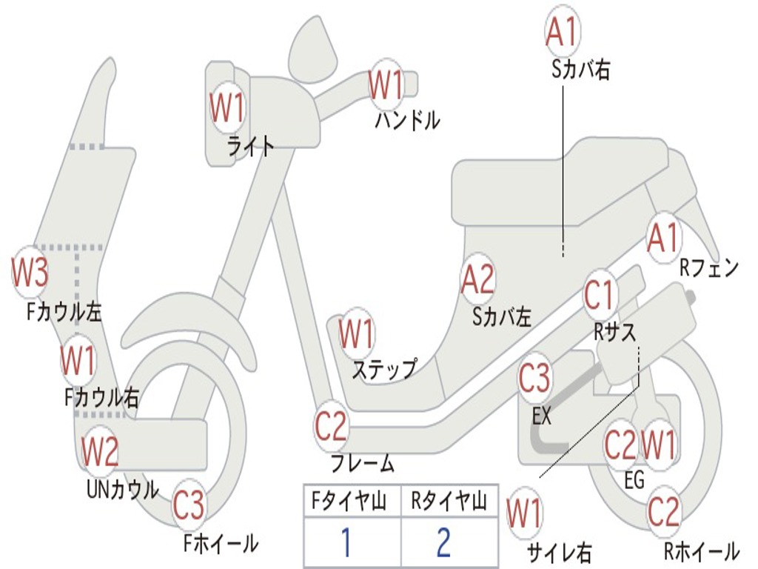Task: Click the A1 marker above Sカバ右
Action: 561,30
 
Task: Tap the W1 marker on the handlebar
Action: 386,84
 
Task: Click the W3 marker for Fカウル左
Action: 30,273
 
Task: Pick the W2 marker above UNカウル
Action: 100,451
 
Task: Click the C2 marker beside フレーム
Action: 331,425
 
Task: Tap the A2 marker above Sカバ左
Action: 477,279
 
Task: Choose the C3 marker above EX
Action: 534,378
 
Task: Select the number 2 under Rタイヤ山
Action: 444,542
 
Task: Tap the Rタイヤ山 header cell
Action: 449,502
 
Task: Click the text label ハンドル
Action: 407,119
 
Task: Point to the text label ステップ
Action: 383,369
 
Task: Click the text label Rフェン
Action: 709,268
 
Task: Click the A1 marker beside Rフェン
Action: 663,237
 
